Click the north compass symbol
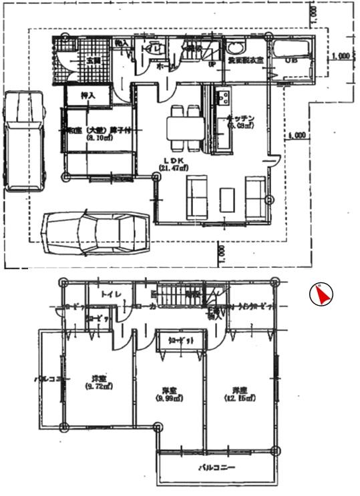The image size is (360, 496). pos(321,294)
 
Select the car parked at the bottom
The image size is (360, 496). pos(94,233)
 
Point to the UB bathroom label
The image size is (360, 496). pos(292,61)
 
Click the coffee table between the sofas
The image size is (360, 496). pos(227,198)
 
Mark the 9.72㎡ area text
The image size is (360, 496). pos(98,386)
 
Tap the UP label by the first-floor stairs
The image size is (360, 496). pos(212,65)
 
